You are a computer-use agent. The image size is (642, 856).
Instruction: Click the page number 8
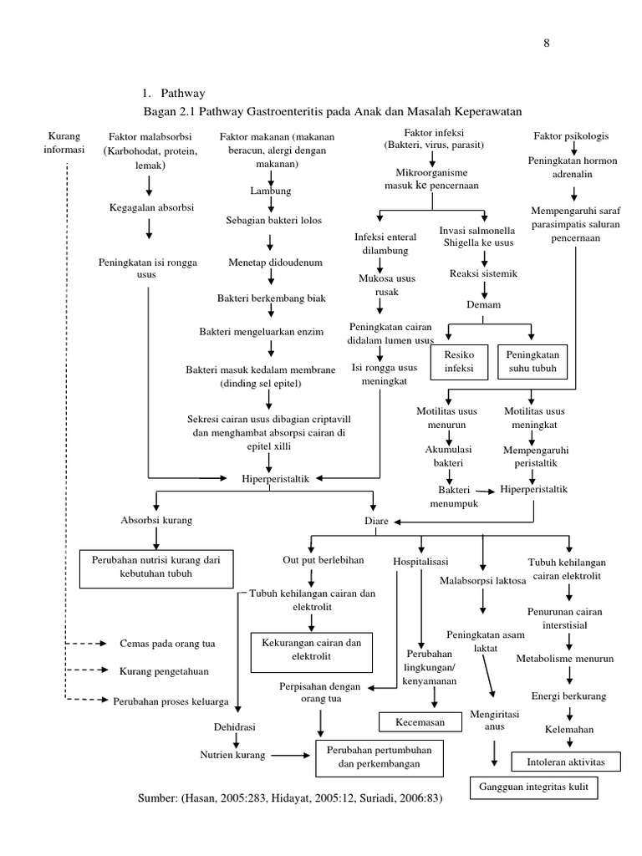click(x=547, y=43)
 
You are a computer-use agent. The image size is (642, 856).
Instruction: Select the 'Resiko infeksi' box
click(x=459, y=362)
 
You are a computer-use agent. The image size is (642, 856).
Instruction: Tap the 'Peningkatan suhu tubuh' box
click(x=532, y=362)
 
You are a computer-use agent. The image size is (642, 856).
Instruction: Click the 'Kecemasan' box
click(x=420, y=722)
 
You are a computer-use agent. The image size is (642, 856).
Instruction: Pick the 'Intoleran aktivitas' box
click(x=566, y=762)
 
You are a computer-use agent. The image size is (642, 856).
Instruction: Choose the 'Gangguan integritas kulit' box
click(x=533, y=787)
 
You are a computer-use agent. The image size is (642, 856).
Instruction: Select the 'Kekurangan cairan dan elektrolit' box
click(x=312, y=652)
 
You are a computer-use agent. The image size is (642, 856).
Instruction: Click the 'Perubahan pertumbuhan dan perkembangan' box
click(x=380, y=758)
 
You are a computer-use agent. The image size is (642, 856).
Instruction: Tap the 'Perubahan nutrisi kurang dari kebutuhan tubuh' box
click(x=156, y=568)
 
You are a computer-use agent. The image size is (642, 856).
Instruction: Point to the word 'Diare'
click(x=376, y=521)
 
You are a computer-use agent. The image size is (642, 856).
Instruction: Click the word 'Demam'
click(x=483, y=304)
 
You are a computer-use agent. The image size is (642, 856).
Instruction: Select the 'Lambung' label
click(x=271, y=191)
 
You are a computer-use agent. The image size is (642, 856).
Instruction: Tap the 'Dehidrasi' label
click(x=234, y=727)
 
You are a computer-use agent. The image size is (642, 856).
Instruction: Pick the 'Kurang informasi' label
click(x=64, y=143)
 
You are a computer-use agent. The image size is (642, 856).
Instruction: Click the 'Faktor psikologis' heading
click(x=571, y=136)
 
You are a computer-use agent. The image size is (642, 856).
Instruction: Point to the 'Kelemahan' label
click(x=568, y=729)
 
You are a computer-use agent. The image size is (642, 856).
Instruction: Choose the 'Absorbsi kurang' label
click(x=156, y=520)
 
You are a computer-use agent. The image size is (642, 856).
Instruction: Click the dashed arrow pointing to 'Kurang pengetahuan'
click(x=87, y=670)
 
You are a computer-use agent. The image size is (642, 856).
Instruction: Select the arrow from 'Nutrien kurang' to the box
click(x=290, y=756)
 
